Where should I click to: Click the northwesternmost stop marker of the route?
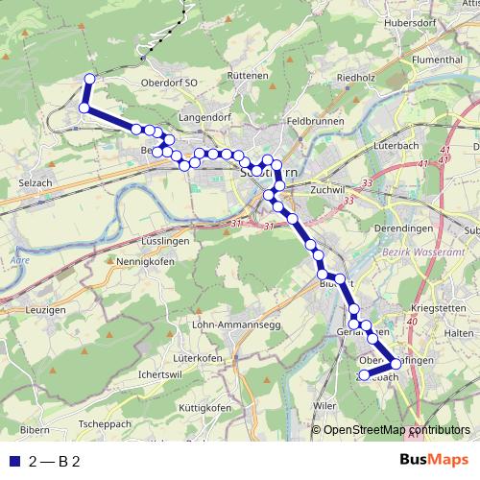(x=90, y=80)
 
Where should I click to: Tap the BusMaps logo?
(x=435, y=462)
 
